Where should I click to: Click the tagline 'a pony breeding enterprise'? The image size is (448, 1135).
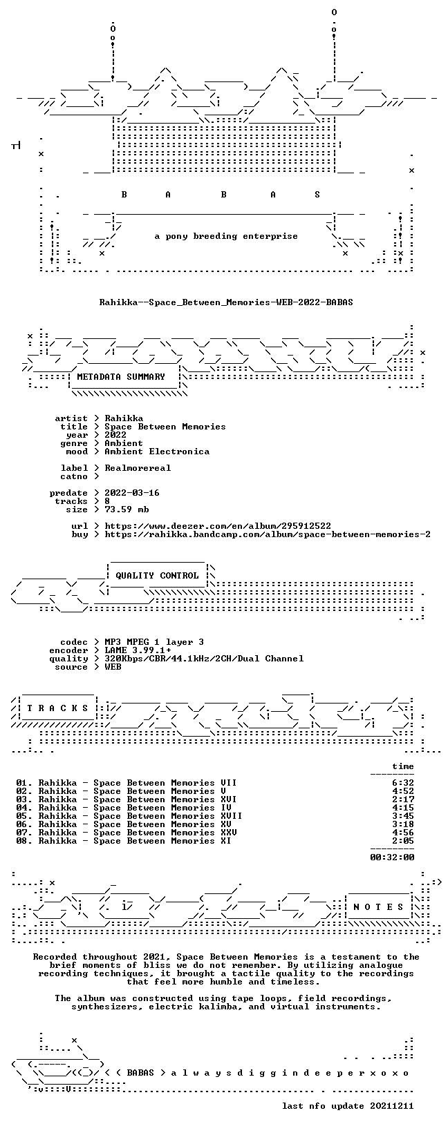(x=226, y=236)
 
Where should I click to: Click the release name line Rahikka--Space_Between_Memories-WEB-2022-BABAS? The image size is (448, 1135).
(x=226, y=302)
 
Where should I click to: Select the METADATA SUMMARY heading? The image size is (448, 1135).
(x=121, y=377)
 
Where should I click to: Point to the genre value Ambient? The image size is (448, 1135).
(x=124, y=443)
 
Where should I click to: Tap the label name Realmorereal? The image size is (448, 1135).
(x=138, y=468)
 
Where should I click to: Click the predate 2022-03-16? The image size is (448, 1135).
(x=132, y=493)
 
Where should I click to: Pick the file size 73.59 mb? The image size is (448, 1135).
(x=127, y=510)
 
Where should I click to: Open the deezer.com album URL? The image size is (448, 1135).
(x=218, y=526)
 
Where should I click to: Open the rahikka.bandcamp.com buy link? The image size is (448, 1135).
(x=268, y=534)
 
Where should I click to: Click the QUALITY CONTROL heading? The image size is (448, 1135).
(x=157, y=576)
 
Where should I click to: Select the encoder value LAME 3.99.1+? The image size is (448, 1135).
(x=138, y=650)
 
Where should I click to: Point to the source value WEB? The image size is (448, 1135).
(x=113, y=667)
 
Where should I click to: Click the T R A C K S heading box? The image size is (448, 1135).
(x=57, y=708)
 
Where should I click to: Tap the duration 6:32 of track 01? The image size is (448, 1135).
(x=403, y=783)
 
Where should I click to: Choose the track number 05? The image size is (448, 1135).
(x=22, y=816)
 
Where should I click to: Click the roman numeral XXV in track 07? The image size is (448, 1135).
(x=229, y=833)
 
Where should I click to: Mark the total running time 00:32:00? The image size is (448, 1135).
(x=392, y=857)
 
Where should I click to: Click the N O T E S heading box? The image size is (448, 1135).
(x=378, y=907)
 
